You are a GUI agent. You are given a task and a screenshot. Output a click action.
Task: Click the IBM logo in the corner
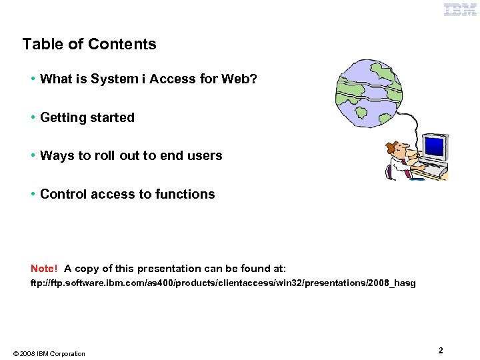tap(461, 9)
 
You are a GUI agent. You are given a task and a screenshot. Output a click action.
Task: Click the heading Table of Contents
tap(89, 45)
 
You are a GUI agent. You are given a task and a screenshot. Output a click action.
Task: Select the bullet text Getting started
tap(87, 118)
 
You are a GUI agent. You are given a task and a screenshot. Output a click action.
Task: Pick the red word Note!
tap(44, 269)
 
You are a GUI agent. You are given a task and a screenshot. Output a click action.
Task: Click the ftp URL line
tap(223, 283)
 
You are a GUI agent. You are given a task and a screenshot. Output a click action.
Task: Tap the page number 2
tap(441, 350)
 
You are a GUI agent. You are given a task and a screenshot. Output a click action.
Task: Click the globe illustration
tap(369, 93)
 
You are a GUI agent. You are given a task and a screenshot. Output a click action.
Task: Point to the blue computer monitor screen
tap(435, 145)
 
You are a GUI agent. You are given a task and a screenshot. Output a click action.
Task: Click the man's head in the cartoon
tap(399, 147)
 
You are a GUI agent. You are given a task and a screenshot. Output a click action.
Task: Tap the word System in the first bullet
tap(115, 79)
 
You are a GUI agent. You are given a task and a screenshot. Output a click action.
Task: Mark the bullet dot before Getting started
tap(33, 118)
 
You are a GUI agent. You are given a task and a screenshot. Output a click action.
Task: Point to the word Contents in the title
tap(122, 45)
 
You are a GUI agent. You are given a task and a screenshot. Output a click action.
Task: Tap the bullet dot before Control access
tap(33, 195)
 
